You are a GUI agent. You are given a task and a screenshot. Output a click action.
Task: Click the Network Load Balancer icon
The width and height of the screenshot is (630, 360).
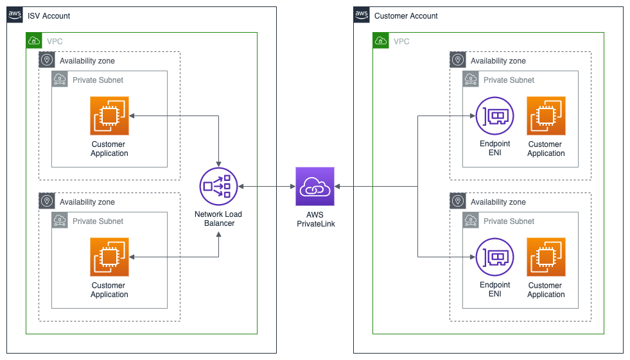click(x=218, y=187)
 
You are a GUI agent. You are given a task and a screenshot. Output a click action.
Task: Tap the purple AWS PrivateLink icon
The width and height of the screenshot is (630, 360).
click(x=315, y=187)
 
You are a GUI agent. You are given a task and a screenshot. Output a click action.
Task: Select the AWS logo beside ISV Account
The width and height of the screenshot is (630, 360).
click(x=15, y=15)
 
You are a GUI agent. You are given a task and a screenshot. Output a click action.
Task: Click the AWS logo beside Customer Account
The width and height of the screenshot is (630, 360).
click(x=362, y=15)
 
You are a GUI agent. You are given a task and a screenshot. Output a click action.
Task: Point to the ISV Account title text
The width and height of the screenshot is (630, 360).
click(x=49, y=16)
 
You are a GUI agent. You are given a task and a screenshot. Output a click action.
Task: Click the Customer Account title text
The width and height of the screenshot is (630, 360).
click(x=406, y=16)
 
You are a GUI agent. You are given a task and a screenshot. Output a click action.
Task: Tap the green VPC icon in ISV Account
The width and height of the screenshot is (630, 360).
click(x=34, y=40)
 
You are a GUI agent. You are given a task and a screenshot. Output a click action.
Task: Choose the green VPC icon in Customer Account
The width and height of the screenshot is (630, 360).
click(x=381, y=40)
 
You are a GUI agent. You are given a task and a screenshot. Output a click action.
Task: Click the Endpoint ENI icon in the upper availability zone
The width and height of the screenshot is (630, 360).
click(x=494, y=116)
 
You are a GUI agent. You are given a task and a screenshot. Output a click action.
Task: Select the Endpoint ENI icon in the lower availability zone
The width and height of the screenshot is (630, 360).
click(x=494, y=257)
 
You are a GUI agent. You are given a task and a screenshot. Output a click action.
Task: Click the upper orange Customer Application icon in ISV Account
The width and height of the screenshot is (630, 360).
click(x=109, y=116)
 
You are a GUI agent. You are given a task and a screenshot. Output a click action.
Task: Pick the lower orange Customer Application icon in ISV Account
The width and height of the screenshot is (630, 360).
click(x=109, y=257)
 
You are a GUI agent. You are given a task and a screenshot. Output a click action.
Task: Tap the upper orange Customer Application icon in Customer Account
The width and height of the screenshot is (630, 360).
click(x=546, y=116)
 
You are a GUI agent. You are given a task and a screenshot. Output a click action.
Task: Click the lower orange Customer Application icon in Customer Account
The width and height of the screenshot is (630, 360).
click(x=546, y=257)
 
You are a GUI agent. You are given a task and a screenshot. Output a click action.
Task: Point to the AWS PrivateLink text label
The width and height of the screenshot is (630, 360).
click(x=315, y=219)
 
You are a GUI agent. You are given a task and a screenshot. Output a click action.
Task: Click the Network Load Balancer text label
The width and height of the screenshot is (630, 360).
click(x=218, y=219)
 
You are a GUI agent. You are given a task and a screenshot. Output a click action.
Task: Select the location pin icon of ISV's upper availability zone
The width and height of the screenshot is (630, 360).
click(x=47, y=60)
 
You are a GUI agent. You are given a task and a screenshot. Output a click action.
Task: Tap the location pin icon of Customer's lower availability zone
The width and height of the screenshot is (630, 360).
click(x=458, y=201)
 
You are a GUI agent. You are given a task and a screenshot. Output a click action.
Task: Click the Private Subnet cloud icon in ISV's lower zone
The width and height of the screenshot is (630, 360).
click(x=60, y=220)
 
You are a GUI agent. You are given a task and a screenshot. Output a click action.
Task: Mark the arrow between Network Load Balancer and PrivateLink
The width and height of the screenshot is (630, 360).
click(x=267, y=187)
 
